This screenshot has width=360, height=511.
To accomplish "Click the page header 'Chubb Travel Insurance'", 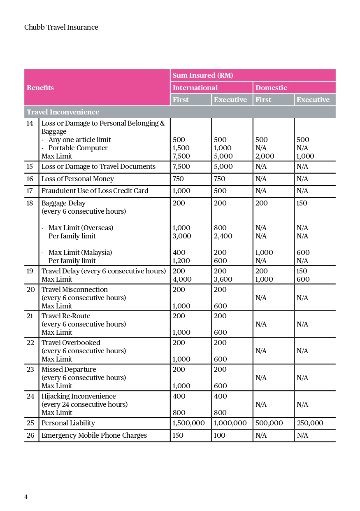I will (61, 28).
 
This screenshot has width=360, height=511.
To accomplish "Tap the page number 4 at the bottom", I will (26, 497).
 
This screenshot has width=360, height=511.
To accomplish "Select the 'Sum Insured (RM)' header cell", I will (203, 75).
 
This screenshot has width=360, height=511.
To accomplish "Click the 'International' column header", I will (195, 88).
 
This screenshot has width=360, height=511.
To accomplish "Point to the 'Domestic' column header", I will (271, 88).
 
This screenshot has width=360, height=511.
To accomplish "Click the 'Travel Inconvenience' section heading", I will (63, 112).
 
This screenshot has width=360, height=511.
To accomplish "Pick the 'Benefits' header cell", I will (40, 88).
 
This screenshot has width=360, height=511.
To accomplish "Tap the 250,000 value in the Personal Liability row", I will (310, 423).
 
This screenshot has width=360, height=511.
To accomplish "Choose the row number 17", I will (30, 191).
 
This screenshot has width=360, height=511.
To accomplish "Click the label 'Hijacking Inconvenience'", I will (79, 396).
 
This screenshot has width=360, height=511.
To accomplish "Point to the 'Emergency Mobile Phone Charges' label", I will (94, 435).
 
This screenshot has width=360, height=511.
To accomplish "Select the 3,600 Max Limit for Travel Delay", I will (223, 279).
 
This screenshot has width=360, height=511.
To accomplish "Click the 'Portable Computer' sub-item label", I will (78, 148).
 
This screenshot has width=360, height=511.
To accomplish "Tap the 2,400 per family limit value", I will (223, 236).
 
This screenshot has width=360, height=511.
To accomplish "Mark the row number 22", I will (30, 343).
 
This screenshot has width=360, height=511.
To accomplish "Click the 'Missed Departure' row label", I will (69, 369).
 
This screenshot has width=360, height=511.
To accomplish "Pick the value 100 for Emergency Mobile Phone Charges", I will (220, 435).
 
